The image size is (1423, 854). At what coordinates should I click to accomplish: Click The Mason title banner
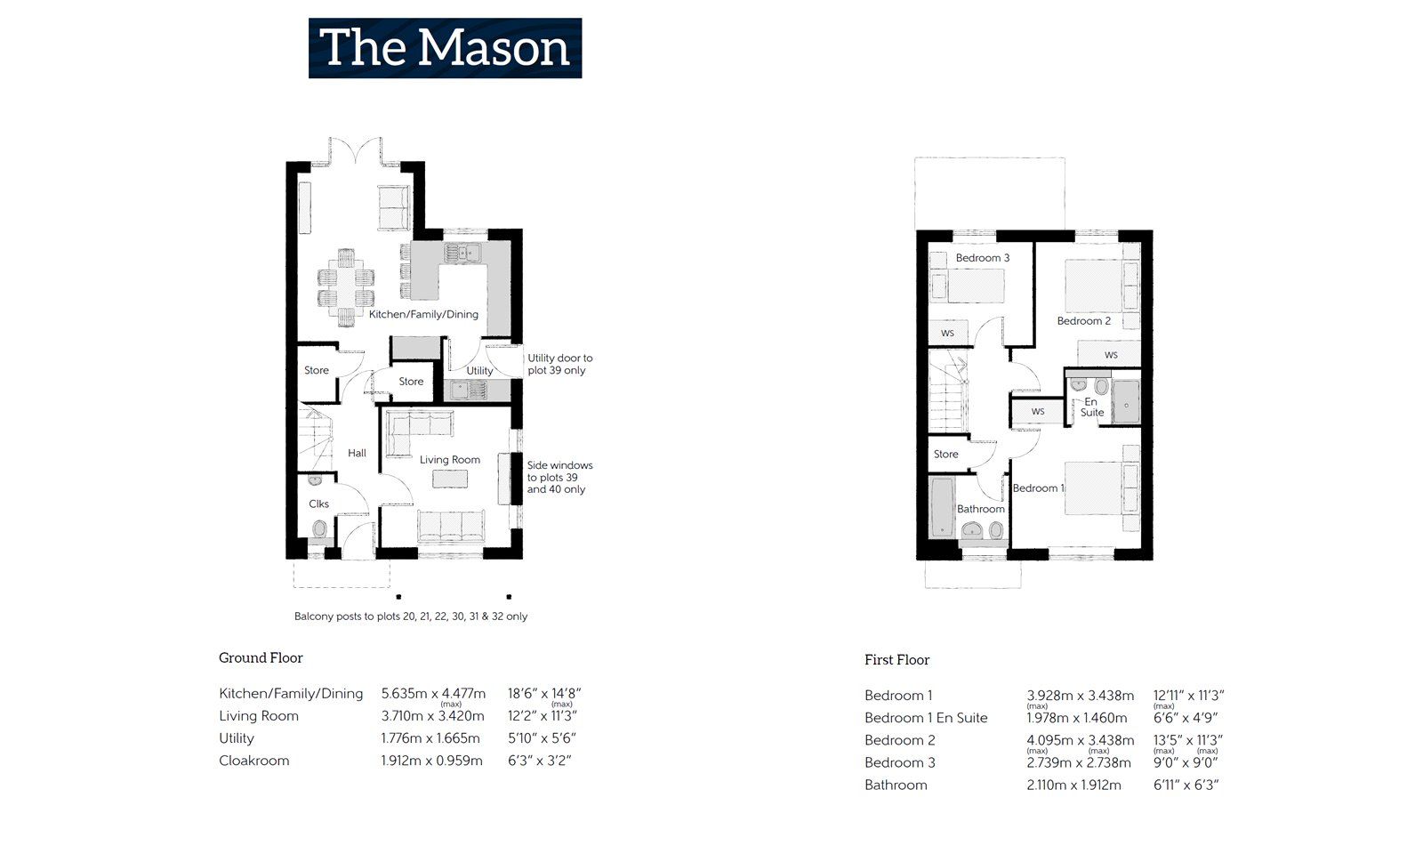tap(445, 48)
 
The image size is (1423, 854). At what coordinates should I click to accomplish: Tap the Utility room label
tap(479, 371)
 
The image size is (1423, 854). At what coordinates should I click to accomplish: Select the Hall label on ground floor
tap(357, 453)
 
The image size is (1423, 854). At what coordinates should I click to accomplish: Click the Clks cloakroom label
tap(318, 504)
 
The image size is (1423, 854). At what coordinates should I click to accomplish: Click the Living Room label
tap(450, 460)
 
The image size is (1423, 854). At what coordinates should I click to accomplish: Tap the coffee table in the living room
tap(450, 479)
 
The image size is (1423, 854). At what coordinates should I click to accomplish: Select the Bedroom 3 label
tap(982, 258)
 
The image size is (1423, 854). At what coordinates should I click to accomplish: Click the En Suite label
tap(1091, 407)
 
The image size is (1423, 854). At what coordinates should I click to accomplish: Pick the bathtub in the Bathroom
tap(942, 506)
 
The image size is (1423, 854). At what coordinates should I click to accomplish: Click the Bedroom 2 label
tap(1083, 321)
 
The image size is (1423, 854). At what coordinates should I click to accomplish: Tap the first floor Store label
tap(945, 454)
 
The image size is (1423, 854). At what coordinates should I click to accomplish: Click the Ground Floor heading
tap(261, 658)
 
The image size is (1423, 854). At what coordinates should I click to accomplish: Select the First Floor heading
tap(896, 660)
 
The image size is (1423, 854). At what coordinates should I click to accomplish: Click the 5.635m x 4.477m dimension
tap(433, 694)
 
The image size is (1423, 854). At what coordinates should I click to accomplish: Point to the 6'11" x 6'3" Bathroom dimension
tap(1186, 786)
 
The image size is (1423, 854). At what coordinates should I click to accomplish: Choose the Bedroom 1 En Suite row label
tap(926, 718)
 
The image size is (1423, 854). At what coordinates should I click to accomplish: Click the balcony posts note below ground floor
tap(410, 616)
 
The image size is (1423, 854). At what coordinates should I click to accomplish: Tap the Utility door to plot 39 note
tap(559, 365)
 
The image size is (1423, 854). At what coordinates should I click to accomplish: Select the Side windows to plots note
tap(559, 477)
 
